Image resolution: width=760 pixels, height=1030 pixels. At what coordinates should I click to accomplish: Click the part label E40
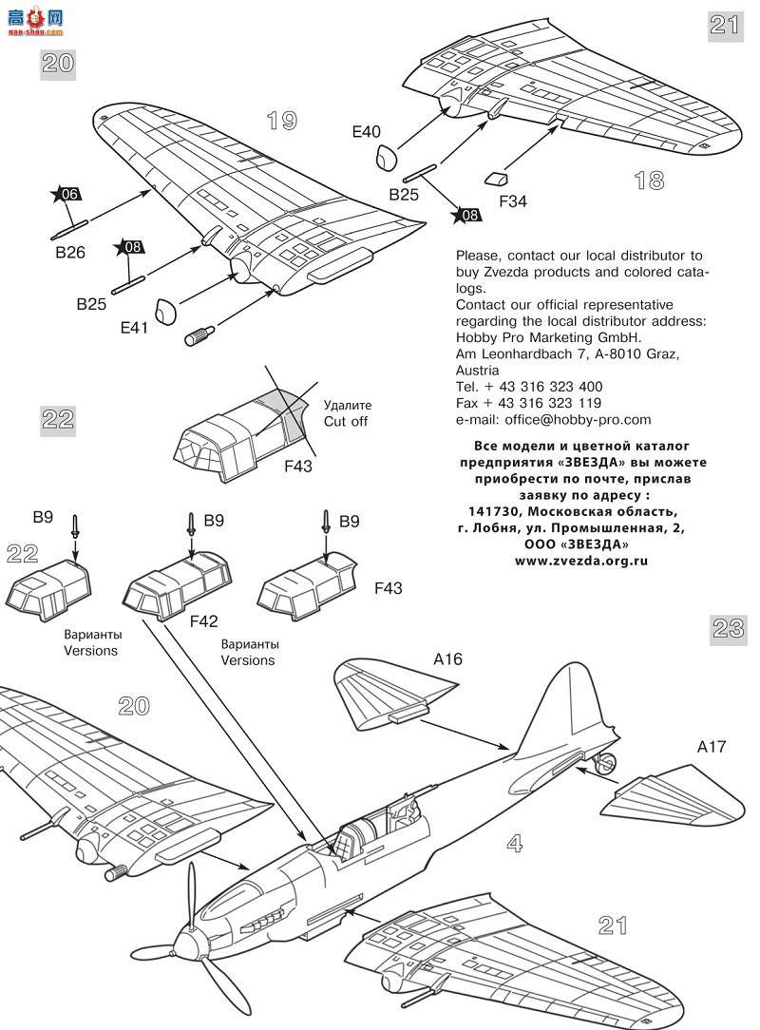(x=367, y=133)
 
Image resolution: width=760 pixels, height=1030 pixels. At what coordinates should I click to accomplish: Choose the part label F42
(x=203, y=621)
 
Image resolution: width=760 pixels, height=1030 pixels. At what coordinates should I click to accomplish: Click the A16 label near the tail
(x=447, y=659)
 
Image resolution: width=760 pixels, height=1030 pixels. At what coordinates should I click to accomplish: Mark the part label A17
(x=711, y=747)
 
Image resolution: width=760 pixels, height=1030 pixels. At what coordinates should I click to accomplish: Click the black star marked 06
(x=67, y=195)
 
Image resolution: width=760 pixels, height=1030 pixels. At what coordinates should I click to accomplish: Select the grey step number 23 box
(x=727, y=627)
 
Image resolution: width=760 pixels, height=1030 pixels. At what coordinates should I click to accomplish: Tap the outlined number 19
(x=281, y=121)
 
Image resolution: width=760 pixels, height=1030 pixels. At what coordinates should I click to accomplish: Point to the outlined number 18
(x=649, y=181)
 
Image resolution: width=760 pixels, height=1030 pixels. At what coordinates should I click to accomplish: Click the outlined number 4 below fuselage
(x=514, y=842)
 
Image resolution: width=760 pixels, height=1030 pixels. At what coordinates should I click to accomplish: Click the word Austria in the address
(x=478, y=370)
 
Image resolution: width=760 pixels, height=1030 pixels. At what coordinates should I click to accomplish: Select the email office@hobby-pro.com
(x=554, y=419)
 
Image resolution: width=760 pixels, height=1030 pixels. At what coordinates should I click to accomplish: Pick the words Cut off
(x=346, y=421)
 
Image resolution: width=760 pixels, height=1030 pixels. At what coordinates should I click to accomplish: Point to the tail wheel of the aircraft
(x=607, y=760)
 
